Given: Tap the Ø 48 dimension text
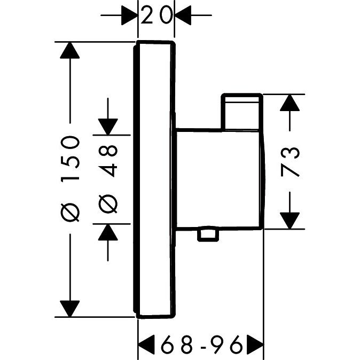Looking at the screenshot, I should click(x=108, y=178).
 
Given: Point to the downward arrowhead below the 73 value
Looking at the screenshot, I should click(x=289, y=219).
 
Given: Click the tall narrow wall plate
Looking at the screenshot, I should click(x=154, y=179).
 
